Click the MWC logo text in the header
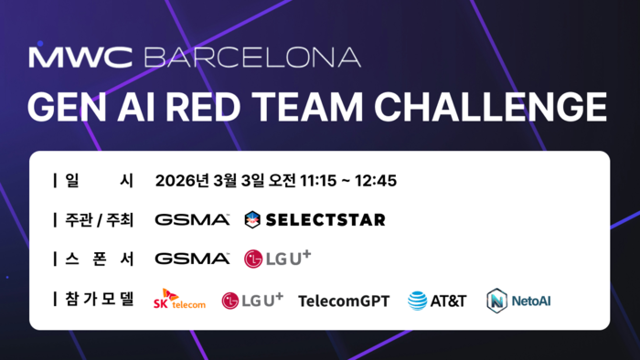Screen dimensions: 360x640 click(82, 57)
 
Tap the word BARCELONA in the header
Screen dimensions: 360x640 click(252, 57)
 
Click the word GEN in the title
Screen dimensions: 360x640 click(62, 106)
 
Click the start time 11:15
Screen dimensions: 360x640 click(317, 181)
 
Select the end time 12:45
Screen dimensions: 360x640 click(377, 181)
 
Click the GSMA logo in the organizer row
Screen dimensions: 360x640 click(192, 220)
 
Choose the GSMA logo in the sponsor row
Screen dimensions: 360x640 click(192, 259)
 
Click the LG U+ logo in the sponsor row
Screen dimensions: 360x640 click(277, 259)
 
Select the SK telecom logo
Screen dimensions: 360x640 click(179, 300)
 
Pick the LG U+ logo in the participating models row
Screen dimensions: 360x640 click(252, 300)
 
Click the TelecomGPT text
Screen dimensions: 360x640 click(344, 300)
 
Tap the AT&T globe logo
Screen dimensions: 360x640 click(417, 300)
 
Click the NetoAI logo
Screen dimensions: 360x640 click(518, 300)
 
